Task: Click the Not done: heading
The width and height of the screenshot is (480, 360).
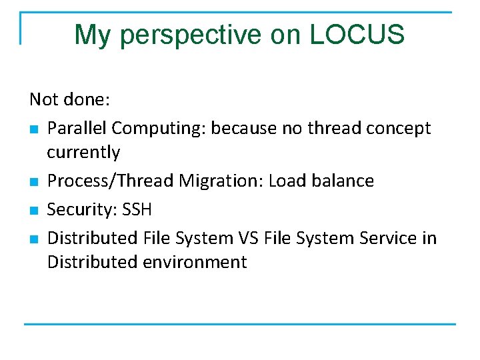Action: click(x=69, y=100)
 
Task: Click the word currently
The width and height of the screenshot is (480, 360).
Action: click(x=83, y=153)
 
